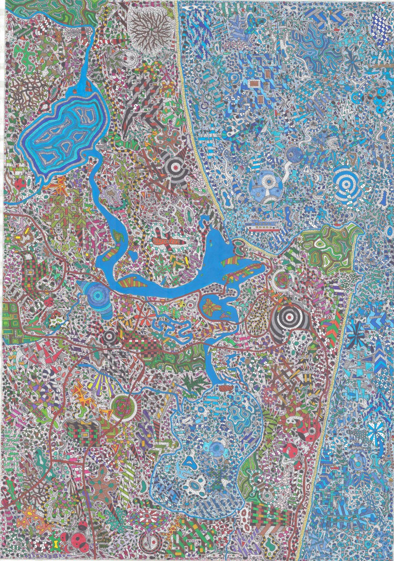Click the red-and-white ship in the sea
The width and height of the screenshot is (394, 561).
tap(263, 228)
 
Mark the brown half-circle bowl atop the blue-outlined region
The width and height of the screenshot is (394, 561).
tap(227, 387)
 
